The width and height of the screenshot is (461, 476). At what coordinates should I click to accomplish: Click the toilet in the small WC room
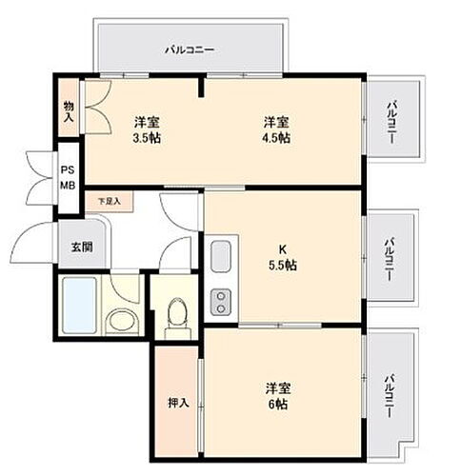pos(175,314)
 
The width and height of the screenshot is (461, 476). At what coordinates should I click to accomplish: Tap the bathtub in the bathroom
pos(80,305)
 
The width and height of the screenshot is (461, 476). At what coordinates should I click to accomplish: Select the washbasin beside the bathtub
pos(121,320)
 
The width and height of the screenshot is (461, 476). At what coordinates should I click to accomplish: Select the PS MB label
pos(69,178)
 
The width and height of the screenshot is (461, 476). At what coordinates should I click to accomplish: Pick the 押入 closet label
pos(178,403)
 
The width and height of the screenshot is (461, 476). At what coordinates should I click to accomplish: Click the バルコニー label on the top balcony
pos(189,48)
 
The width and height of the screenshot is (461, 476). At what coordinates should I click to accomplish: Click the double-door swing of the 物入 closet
pos(98,108)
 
